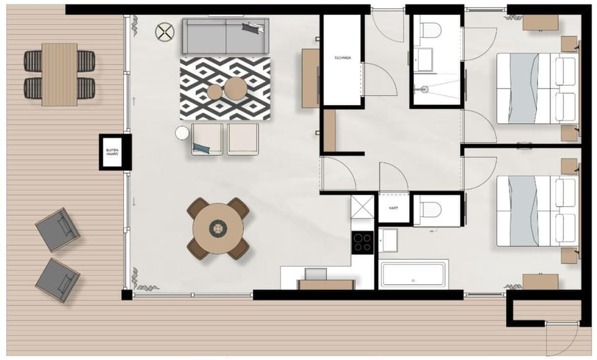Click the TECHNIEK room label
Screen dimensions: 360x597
(x=343, y=58)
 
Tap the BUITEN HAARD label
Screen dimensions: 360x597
(x=112, y=151)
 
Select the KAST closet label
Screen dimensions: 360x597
(x=394, y=209)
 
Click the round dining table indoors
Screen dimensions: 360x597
(x=218, y=228)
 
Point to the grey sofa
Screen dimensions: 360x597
(x=225, y=37)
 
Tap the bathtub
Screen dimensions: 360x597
(x=414, y=274)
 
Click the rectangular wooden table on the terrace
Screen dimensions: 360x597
(x=60, y=74)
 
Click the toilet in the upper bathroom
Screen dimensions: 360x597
(x=430, y=29)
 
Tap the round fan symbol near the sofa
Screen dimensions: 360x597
(x=165, y=32)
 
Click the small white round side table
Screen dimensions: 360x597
(x=182, y=132)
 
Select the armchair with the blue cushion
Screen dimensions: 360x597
(x=207, y=139)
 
